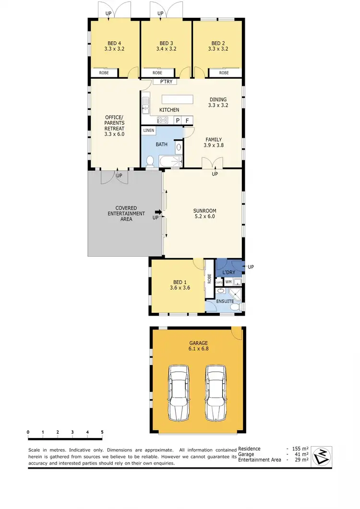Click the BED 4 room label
click(114, 42)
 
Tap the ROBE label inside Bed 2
click(224, 73)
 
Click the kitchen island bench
click(178, 99)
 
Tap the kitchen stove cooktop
click(162, 120)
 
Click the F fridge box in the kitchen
click(187, 120)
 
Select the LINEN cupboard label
click(149, 130)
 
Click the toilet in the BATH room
click(150, 162)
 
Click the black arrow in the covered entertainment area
click(158, 212)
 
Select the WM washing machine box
click(228, 282)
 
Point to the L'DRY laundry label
click(228, 272)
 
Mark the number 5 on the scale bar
click(102, 432)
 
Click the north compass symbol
click(322, 456)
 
